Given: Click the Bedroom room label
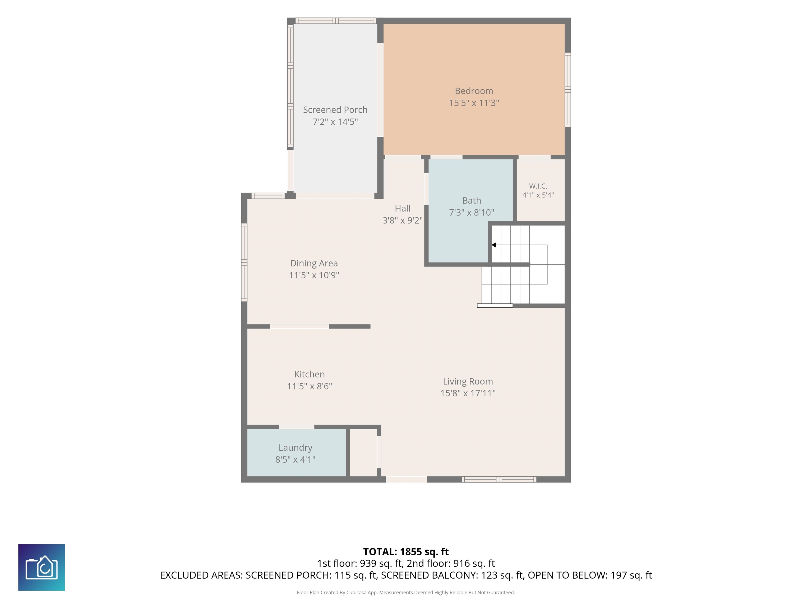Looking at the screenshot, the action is tap(474, 91).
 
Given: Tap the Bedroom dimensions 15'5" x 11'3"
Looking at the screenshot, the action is tap(474, 103).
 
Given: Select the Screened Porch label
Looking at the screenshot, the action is tap(335, 110).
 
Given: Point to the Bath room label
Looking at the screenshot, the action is tap(472, 200).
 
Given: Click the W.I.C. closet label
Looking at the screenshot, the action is tap(538, 186).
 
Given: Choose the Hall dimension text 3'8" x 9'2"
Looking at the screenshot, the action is tap(403, 220).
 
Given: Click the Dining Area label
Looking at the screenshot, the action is tap(314, 263).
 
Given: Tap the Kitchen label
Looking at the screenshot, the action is tap(310, 375).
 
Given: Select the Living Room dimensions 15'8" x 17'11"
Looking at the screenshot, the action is tap(468, 393).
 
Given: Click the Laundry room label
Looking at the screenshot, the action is tap(296, 448).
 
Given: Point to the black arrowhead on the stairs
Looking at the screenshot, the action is tap(494, 245).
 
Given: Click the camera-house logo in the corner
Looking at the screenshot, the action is tap(41, 568).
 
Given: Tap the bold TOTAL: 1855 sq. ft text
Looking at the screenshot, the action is tap(406, 552).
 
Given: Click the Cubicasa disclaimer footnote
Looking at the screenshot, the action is tap(406, 593).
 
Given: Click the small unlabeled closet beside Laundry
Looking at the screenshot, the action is tap(363, 453).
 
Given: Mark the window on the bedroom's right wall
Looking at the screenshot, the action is tap(568, 90).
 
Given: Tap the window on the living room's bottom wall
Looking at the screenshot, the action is tap(499, 479).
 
